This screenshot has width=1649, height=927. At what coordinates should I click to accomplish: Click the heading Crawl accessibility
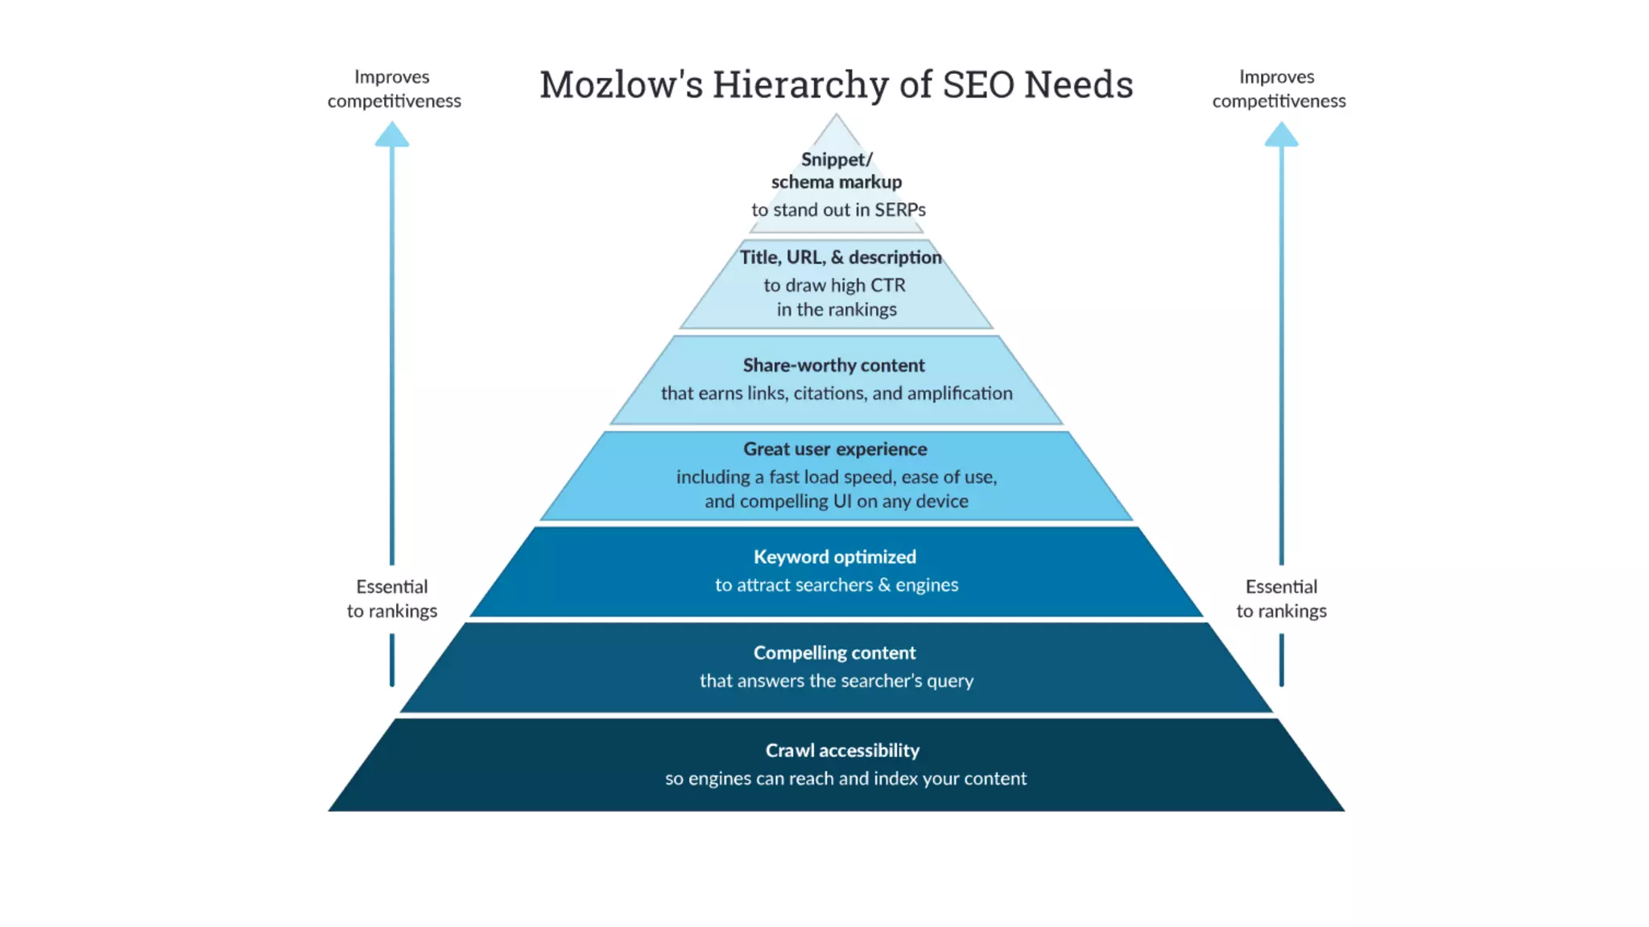842,750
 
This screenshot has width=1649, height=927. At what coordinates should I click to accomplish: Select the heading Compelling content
834,653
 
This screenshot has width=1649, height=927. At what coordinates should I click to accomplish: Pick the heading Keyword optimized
834,557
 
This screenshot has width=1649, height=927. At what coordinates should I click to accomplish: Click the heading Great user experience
835,449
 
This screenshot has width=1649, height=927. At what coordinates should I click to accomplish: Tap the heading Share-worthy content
833,365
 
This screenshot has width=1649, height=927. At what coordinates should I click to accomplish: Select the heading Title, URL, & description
840,257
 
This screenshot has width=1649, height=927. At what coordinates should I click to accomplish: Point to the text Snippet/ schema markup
836,171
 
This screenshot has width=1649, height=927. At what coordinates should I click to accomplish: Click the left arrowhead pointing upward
392,134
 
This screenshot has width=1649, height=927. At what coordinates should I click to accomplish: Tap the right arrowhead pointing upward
1281,134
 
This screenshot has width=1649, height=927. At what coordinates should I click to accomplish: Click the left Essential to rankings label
392,599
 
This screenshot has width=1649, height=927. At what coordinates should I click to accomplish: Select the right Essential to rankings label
1281,599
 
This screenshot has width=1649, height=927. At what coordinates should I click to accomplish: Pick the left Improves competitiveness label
394,89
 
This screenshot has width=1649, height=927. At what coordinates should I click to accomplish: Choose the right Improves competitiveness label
1279,89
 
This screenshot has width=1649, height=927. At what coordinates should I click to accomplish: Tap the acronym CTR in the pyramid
887,286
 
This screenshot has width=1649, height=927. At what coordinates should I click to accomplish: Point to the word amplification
961,393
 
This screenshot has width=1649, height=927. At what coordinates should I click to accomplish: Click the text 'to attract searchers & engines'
836,585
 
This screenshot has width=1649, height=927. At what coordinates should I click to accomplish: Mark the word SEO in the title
977,84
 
